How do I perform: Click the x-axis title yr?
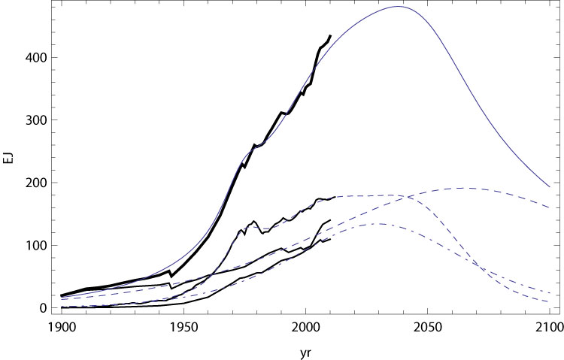point(305,349)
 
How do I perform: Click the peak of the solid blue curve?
point(398,7)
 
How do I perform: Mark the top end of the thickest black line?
point(330,35)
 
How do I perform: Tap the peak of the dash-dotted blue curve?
point(378,224)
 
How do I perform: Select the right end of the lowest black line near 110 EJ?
point(330,240)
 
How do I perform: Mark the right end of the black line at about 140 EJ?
point(330,220)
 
